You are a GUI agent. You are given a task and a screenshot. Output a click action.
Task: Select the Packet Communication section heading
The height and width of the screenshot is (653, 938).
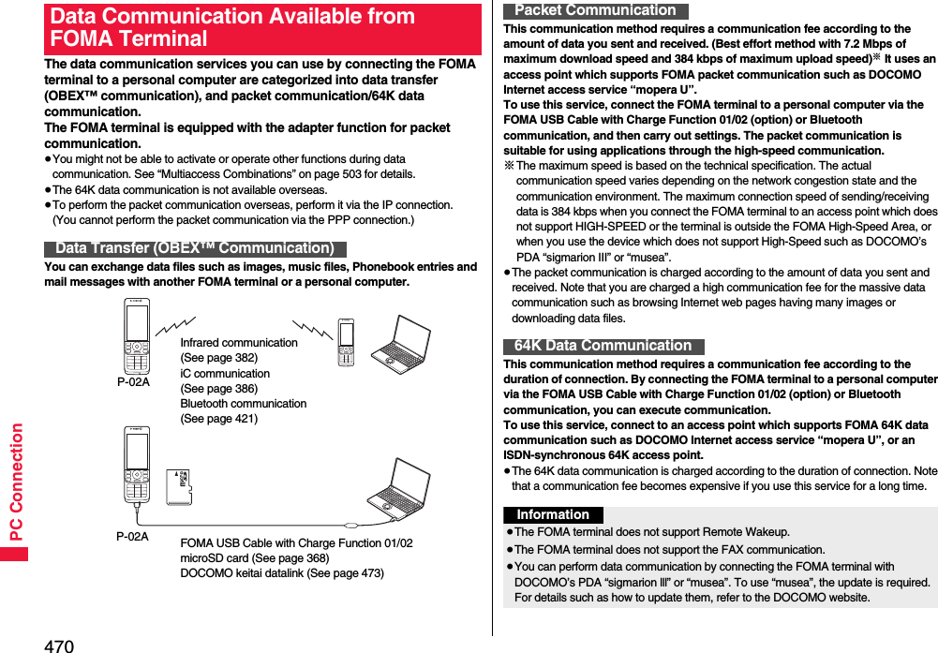pyautogui.click(x=595, y=10)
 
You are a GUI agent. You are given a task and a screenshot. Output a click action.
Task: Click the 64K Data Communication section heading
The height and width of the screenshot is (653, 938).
pyautogui.click(x=603, y=346)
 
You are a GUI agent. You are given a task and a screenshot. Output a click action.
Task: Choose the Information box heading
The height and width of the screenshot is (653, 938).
pyautogui.click(x=553, y=515)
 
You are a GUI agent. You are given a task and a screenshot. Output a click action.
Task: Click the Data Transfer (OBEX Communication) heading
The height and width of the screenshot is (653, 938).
pyautogui.click(x=195, y=248)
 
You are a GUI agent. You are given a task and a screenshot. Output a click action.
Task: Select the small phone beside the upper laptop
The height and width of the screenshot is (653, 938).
pyautogui.click(x=346, y=343)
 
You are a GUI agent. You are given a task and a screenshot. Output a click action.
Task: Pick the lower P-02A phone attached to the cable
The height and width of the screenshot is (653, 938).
pyautogui.click(x=137, y=466)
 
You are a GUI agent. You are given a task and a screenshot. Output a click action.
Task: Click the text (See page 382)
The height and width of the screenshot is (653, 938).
pyautogui.click(x=218, y=358)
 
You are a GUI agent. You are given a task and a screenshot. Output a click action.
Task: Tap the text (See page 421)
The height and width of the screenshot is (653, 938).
pyautogui.click(x=218, y=419)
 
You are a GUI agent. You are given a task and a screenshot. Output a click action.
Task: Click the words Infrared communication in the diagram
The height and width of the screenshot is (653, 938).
pyautogui.click(x=239, y=343)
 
